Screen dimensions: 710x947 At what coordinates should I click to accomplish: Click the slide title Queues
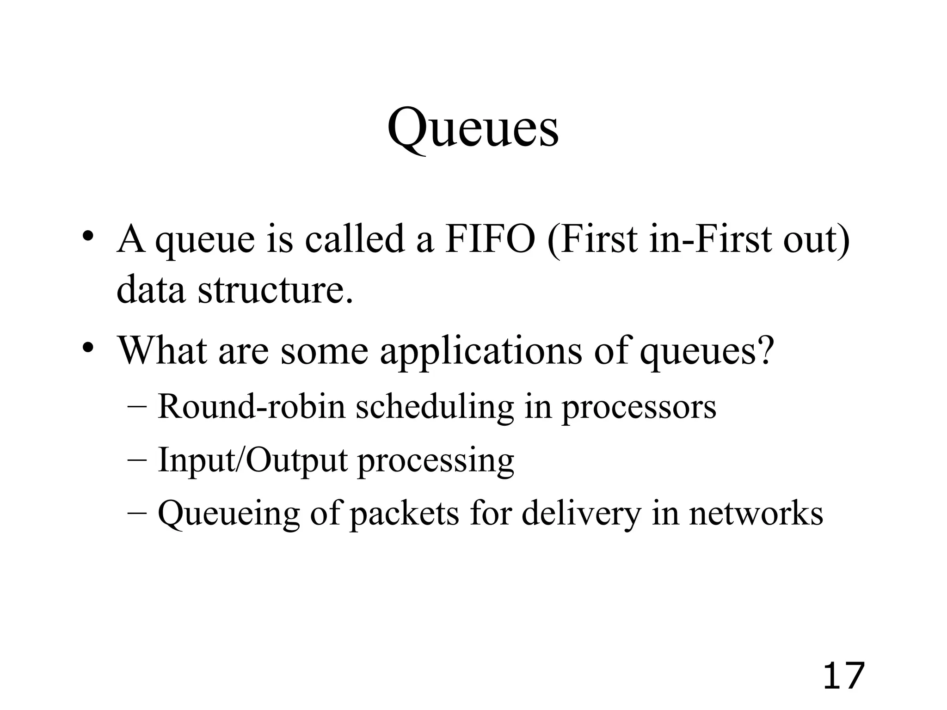473,128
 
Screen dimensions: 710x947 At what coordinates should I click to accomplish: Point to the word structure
276,290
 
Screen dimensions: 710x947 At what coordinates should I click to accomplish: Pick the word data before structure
150,290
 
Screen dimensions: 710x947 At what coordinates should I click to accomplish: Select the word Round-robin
252,406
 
